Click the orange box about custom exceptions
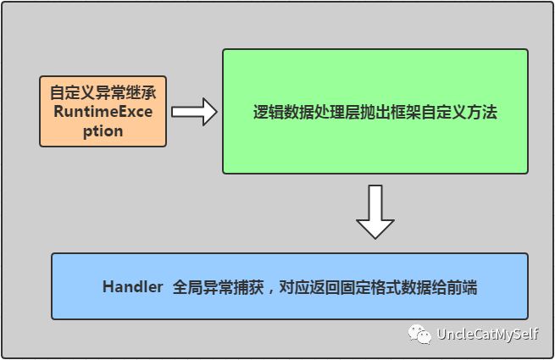pyautogui.click(x=102, y=111)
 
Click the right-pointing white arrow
pyautogui.click(x=194, y=111)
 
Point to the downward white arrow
pyautogui.click(x=375, y=212)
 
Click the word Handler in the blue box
pyautogui.click(x=132, y=287)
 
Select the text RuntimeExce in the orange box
pyautogui.click(x=102, y=111)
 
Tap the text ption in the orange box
pyautogui.click(x=102, y=131)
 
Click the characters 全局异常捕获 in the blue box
pyautogui.click(x=214, y=287)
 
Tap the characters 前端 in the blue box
pyautogui.click(x=462, y=287)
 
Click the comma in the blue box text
pyautogui.click(x=269, y=289)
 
